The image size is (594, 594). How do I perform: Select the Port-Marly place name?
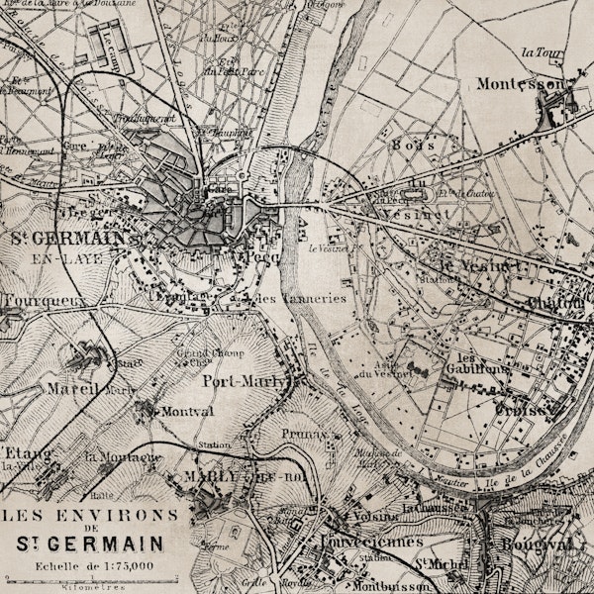click(244, 380)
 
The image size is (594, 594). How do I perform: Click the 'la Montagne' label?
click(122, 457)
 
